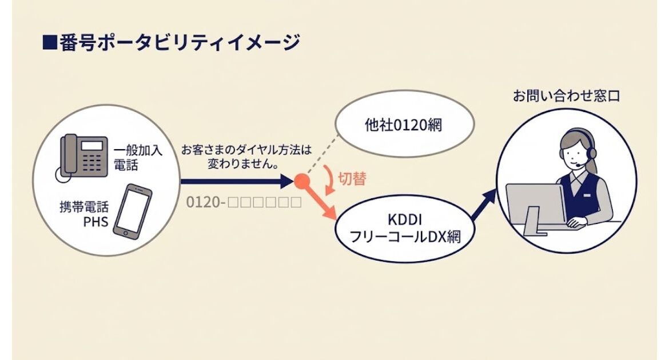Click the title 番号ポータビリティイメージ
click(x=180, y=43)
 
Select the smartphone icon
click(x=133, y=211)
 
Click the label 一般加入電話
click(x=138, y=157)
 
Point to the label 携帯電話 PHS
click(x=84, y=214)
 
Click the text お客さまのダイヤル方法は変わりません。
click(x=246, y=157)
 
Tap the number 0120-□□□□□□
click(x=244, y=202)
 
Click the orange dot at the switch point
click(x=302, y=181)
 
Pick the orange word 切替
click(x=352, y=179)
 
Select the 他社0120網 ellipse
click(x=404, y=123)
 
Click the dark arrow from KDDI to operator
click(x=484, y=206)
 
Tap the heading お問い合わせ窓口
click(x=566, y=96)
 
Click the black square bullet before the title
click(x=50, y=43)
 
